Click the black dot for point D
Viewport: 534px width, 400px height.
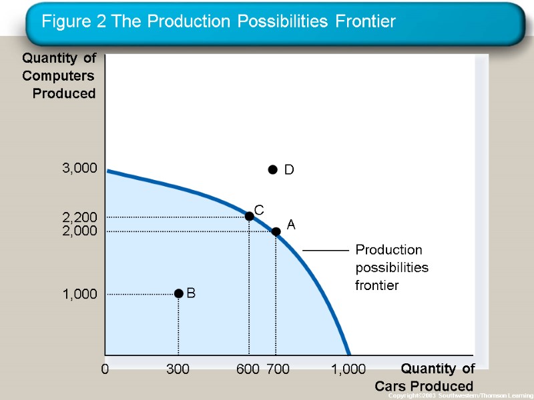pos(272,169)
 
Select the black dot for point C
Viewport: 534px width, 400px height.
pos(249,216)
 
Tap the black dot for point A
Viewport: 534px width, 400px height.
pos(276,231)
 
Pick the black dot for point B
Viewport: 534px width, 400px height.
pos(178,293)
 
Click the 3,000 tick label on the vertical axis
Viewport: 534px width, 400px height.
pos(79,169)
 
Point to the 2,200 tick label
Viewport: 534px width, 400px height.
pos(79,217)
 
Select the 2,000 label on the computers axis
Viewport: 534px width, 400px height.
pos(79,231)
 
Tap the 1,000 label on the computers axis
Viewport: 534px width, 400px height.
pos(79,294)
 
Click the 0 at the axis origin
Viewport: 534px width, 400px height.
pos(105,369)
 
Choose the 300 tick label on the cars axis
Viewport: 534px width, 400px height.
pos(178,369)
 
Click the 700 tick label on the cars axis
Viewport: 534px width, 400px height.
pos(278,369)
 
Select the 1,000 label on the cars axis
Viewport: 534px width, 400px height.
pos(348,369)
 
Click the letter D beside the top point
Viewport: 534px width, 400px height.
pos(289,171)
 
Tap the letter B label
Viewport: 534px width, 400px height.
pos(191,293)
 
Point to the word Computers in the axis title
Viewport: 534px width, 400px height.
pos(59,76)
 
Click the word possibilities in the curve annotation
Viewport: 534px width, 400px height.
pos(392,267)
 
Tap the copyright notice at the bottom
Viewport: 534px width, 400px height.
pos(471,396)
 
